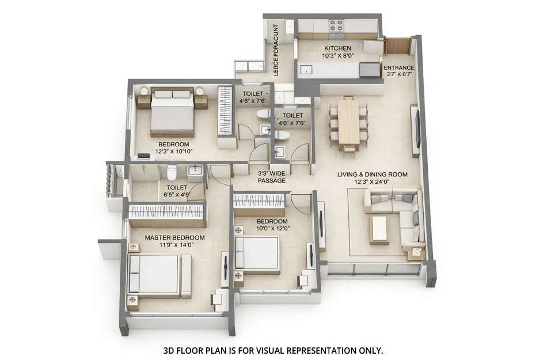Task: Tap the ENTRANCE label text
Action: pos(399,67)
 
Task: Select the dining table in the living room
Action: pos(348,123)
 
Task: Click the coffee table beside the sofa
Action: pos(379,229)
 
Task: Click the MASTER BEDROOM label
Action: pos(174,237)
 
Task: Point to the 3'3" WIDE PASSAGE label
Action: pos(271,176)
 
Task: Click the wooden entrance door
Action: pos(397,46)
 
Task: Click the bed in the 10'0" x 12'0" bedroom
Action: pos(258,252)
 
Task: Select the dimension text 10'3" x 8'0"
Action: pos(338,56)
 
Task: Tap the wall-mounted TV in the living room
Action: pos(415,131)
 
